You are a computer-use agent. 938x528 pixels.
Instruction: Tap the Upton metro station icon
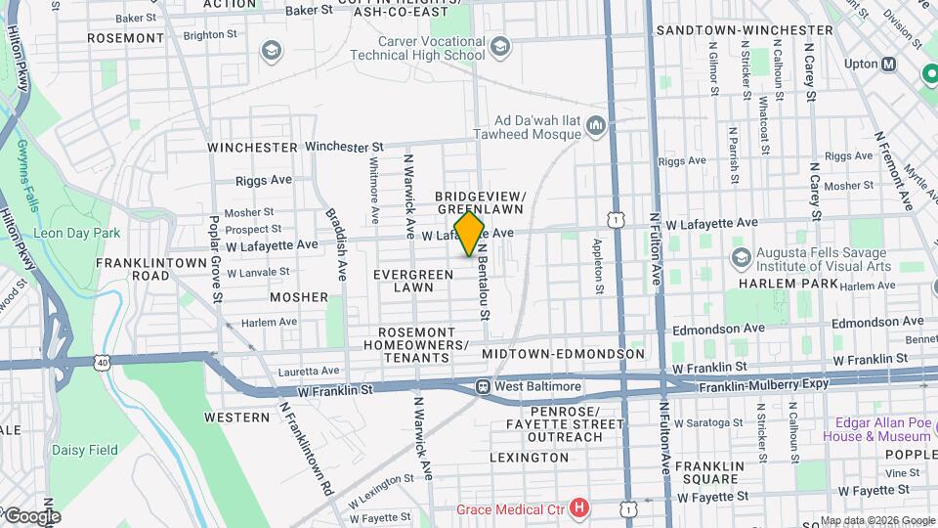(x=889, y=65)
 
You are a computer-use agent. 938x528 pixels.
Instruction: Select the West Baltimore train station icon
(x=483, y=386)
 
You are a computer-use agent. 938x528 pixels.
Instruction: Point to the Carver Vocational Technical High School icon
(x=500, y=47)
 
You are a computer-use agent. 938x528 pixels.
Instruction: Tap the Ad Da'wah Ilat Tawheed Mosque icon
(x=596, y=125)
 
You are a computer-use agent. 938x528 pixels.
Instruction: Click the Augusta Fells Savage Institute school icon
(x=740, y=257)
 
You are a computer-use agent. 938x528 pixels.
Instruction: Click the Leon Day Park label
(x=76, y=233)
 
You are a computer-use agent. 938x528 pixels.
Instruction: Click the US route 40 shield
(x=103, y=363)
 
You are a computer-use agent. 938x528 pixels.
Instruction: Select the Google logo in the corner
(x=31, y=516)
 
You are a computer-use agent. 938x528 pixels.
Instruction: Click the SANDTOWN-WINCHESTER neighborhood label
(x=745, y=30)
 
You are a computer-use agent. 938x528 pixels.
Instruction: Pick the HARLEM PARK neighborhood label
(x=789, y=284)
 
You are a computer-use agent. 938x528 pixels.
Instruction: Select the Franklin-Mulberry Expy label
(x=763, y=386)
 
